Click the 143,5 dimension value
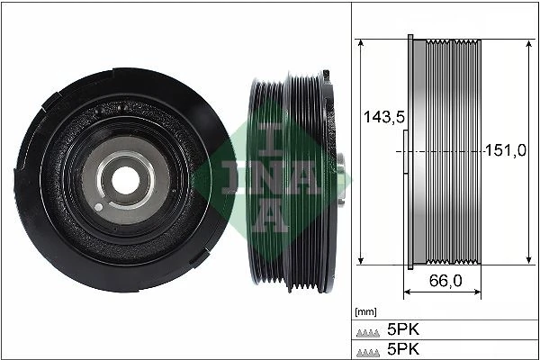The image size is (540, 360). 379,116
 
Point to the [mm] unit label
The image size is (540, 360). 365,312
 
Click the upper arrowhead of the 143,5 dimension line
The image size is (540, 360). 360,43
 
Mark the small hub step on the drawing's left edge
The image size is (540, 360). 403,151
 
